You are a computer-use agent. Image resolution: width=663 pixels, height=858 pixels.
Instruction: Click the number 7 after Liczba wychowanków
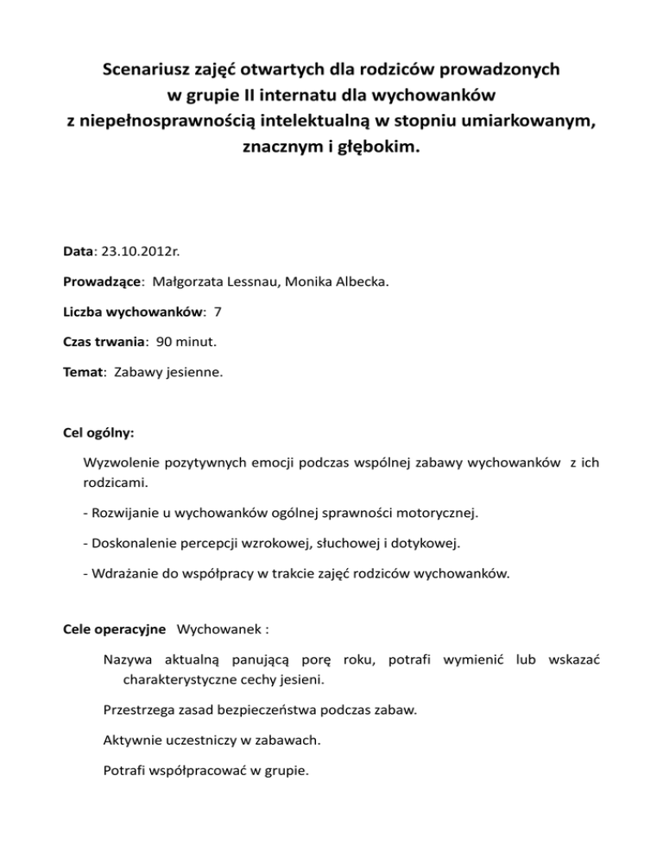205,311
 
